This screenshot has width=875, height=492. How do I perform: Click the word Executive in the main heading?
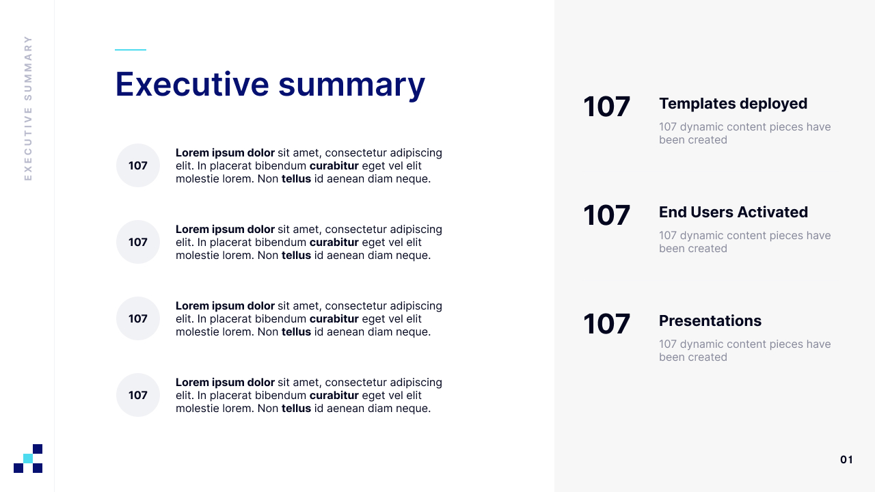tap(192, 84)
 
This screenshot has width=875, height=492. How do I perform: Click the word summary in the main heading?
tap(351, 87)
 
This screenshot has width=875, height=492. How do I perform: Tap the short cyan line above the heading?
tap(131, 50)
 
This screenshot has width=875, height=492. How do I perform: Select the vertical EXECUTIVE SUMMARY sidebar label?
tap(28, 108)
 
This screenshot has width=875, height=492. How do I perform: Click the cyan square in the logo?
tap(28, 459)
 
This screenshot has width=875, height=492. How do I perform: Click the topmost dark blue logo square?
tap(38, 449)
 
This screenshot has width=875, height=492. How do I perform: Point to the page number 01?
tap(846, 460)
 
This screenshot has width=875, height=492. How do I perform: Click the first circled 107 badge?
tap(138, 165)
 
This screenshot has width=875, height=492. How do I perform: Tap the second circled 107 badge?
tap(138, 242)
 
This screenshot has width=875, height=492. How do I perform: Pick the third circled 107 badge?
tap(138, 318)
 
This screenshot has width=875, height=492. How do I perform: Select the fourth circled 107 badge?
tap(138, 395)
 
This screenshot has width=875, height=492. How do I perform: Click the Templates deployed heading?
tap(733, 104)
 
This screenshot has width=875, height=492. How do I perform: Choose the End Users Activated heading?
tap(733, 212)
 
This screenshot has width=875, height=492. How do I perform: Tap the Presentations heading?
tap(710, 320)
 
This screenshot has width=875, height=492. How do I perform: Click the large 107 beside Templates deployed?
tap(606, 107)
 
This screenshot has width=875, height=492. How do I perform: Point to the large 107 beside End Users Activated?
tap(606, 215)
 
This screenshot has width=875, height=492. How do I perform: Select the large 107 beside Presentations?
tap(606, 324)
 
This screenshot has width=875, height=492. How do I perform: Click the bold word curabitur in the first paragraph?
tap(334, 165)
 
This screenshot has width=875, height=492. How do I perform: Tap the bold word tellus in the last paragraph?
tap(296, 409)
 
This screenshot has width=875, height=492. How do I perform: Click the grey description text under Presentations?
tap(744, 351)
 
